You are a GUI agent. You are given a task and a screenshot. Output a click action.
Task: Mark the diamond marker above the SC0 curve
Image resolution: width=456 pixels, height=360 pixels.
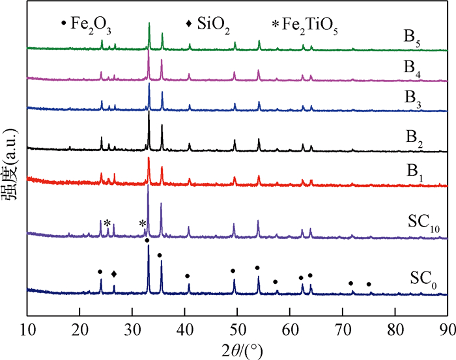tap(114, 274)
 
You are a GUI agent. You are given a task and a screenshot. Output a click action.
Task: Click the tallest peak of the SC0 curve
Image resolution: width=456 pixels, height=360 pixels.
tap(149, 245)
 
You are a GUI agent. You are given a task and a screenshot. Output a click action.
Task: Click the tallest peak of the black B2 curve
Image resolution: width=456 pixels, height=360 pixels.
tap(149, 113)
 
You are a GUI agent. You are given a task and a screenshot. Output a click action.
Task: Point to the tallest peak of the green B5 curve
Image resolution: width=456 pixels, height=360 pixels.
tap(149, 24)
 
